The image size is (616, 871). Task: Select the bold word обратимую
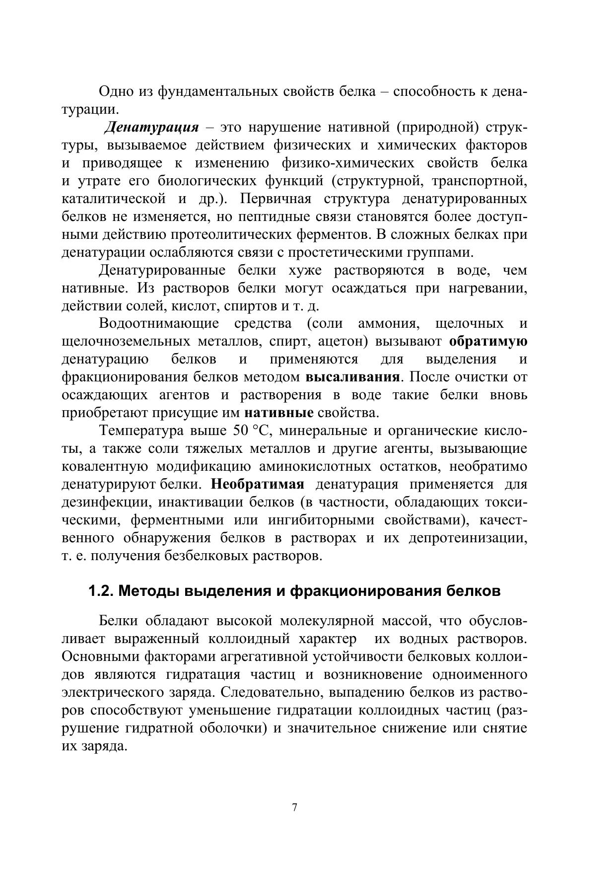(488, 342)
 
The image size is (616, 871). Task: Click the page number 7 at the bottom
(295, 808)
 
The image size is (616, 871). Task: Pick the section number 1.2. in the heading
(102, 591)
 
